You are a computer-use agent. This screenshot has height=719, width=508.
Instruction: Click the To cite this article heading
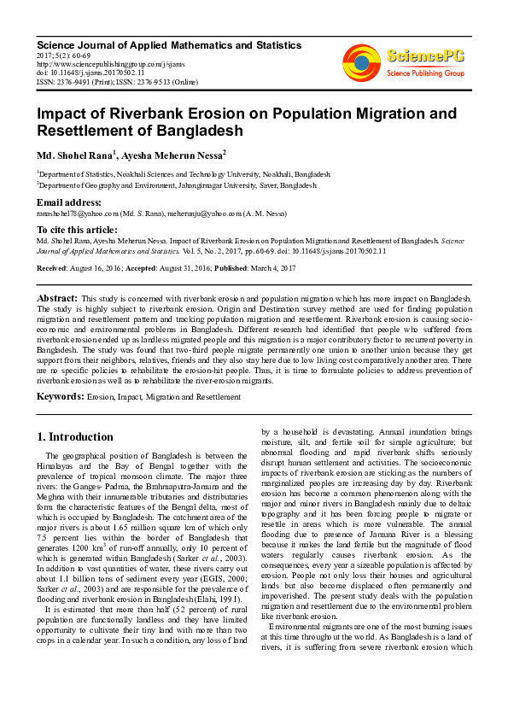click(x=79, y=231)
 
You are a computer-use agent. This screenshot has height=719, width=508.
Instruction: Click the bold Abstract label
click(x=57, y=298)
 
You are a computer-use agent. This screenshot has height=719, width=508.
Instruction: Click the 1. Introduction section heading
click(x=75, y=436)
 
